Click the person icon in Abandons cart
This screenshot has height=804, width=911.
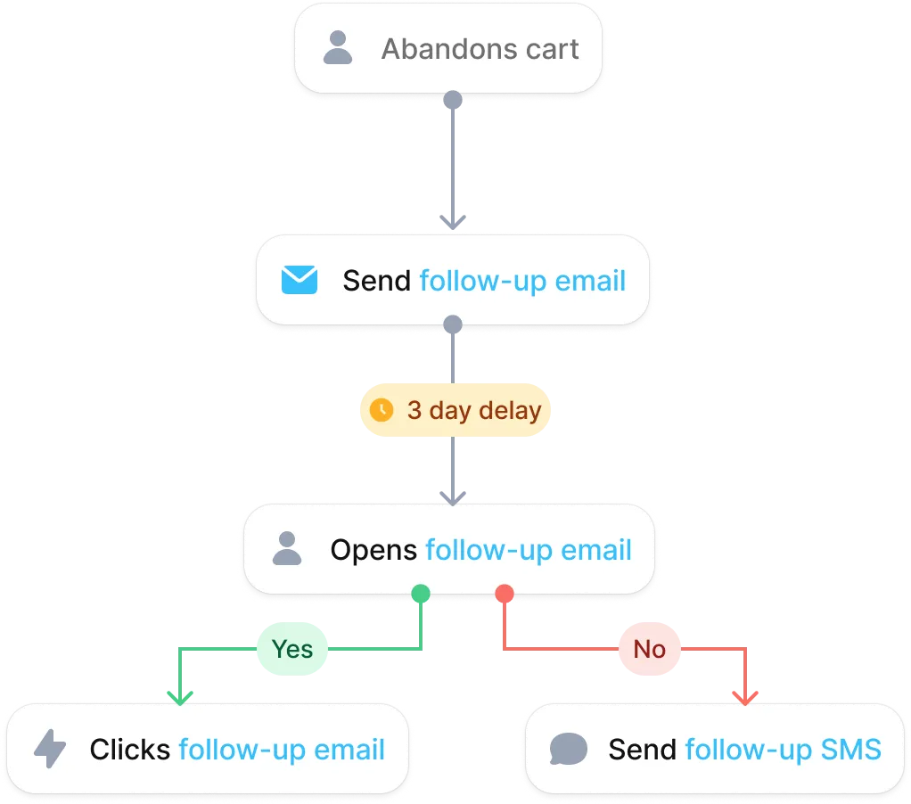tap(338, 47)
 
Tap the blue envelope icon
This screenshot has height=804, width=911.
tap(300, 280)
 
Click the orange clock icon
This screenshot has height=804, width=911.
tap(382, 409)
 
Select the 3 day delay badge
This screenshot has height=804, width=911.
tap(455, 409)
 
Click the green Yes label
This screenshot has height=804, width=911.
tap(292, 649)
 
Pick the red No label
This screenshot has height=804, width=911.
tap(650, 649)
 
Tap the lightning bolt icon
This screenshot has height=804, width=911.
tap(50, 748)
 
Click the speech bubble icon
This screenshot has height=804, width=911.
tap(568, 749)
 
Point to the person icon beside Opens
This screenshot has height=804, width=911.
tap(287, 548)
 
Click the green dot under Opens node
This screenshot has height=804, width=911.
tap(421, 594)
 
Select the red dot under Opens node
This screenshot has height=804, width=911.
tap(505, 594)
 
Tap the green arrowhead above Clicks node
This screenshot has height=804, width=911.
tap(180, 697)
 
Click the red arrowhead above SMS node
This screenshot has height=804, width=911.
tap(745, 697)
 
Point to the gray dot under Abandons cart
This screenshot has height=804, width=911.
tap(453, 100)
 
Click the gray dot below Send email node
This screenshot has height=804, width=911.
tap(453, 324)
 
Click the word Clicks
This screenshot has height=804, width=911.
tap(129, 749)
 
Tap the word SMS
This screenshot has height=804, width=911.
tap(850, 749)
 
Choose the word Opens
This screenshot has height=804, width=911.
tap(373, 550)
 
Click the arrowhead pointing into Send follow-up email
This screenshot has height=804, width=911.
tap(453, 222)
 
